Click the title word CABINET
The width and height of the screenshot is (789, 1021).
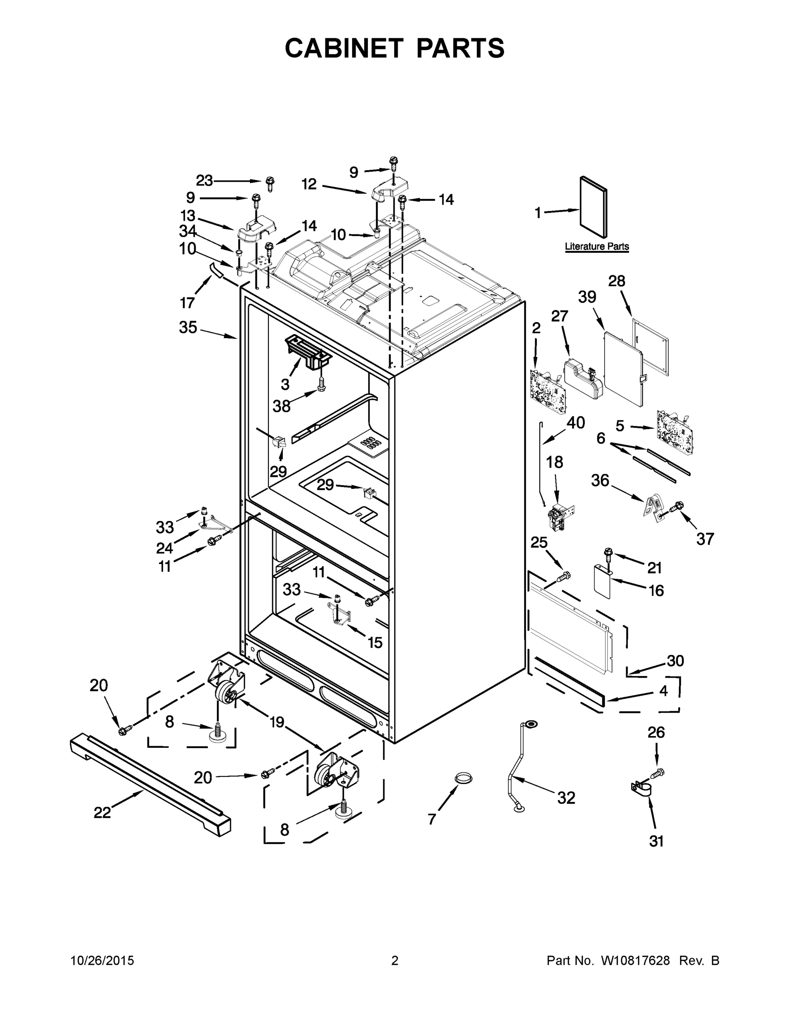[x=344, y=48]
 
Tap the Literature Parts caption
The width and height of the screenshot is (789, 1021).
[x=596, y=246]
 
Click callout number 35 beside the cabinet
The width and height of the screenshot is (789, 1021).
[x=188, y=327]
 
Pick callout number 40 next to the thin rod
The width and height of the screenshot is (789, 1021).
[x=576, y=422]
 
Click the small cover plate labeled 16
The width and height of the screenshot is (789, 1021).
[x=603, y=582]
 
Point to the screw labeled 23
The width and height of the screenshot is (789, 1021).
[x=270, y=183]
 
